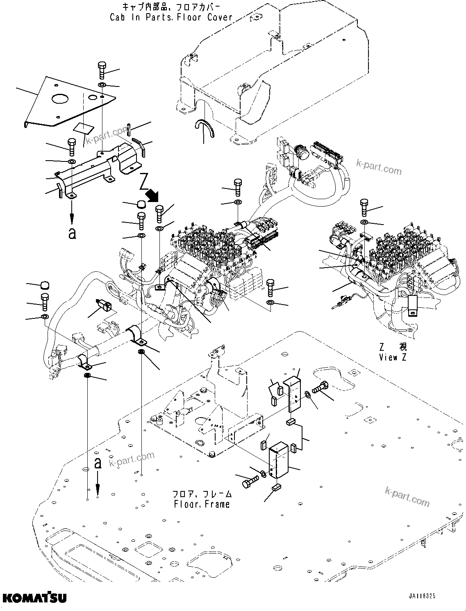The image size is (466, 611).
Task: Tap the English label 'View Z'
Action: (x=393, y=357)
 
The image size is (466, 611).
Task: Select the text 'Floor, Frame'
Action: (x=202, y=504)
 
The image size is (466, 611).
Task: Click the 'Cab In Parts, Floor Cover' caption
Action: (x=171, y=17)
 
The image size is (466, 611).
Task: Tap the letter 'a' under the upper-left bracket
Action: (x=72, y=234)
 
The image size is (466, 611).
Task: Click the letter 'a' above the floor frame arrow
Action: (x=98, y=463)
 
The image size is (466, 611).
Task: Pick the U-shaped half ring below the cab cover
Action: (x=204, y=127)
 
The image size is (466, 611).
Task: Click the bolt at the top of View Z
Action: (x=364, y=207)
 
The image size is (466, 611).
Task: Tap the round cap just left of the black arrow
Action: (x=141, y=204)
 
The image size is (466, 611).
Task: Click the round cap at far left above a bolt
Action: (x=44, y=286)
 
